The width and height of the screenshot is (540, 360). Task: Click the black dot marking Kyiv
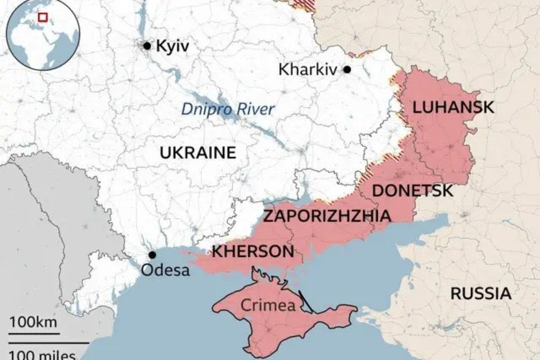(x=147, y=46)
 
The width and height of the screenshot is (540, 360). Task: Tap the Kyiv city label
(x=172, y=46)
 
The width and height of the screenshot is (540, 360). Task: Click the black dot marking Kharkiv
(x=347, y=70)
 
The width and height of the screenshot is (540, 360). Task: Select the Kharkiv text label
(x=308, y=70)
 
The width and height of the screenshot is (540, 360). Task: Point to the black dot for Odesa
(x=152, y=255)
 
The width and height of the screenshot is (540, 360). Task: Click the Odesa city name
(x=166, y=270)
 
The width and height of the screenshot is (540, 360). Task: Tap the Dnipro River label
(x=228, y=109)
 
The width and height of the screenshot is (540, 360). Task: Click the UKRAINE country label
(x=198, y=153)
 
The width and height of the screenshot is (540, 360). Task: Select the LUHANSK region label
(x=453, y=108)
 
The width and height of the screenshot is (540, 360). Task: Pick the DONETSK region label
(x=413, y=191)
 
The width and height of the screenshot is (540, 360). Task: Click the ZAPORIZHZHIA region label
(x=327, y=216)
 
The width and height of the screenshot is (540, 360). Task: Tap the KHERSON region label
(x=252, y=252)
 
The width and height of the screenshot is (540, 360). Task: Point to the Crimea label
(x=268, y=306)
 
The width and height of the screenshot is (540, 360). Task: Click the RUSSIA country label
(x=480, y=293)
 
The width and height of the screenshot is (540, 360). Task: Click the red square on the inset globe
(x=43, y=18)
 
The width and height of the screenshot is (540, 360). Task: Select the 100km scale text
(x=33, y=324)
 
